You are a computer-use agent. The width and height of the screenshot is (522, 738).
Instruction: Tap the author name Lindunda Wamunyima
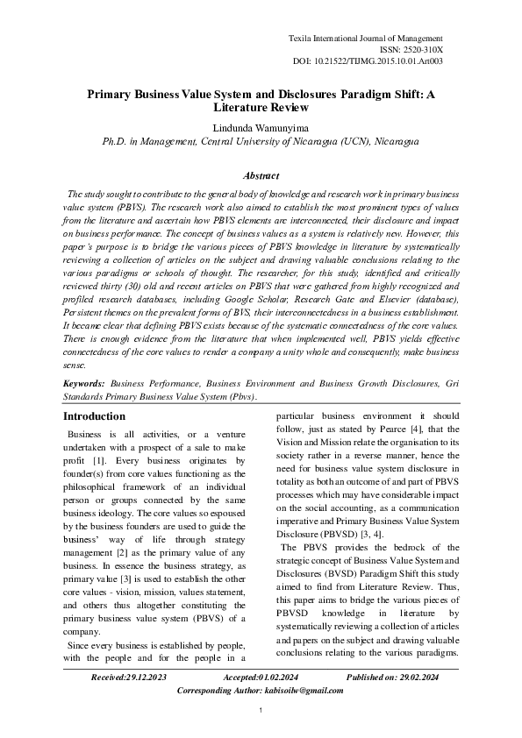(x=261, y=127)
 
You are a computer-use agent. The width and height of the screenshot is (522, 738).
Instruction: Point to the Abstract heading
(x=261, y=175)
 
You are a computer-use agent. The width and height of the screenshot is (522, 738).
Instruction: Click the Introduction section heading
(x=96, y=415)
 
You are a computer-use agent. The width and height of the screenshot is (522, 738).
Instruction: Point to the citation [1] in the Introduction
(x=99, y=459)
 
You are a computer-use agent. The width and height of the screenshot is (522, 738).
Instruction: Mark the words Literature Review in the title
(x=261, y=107)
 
